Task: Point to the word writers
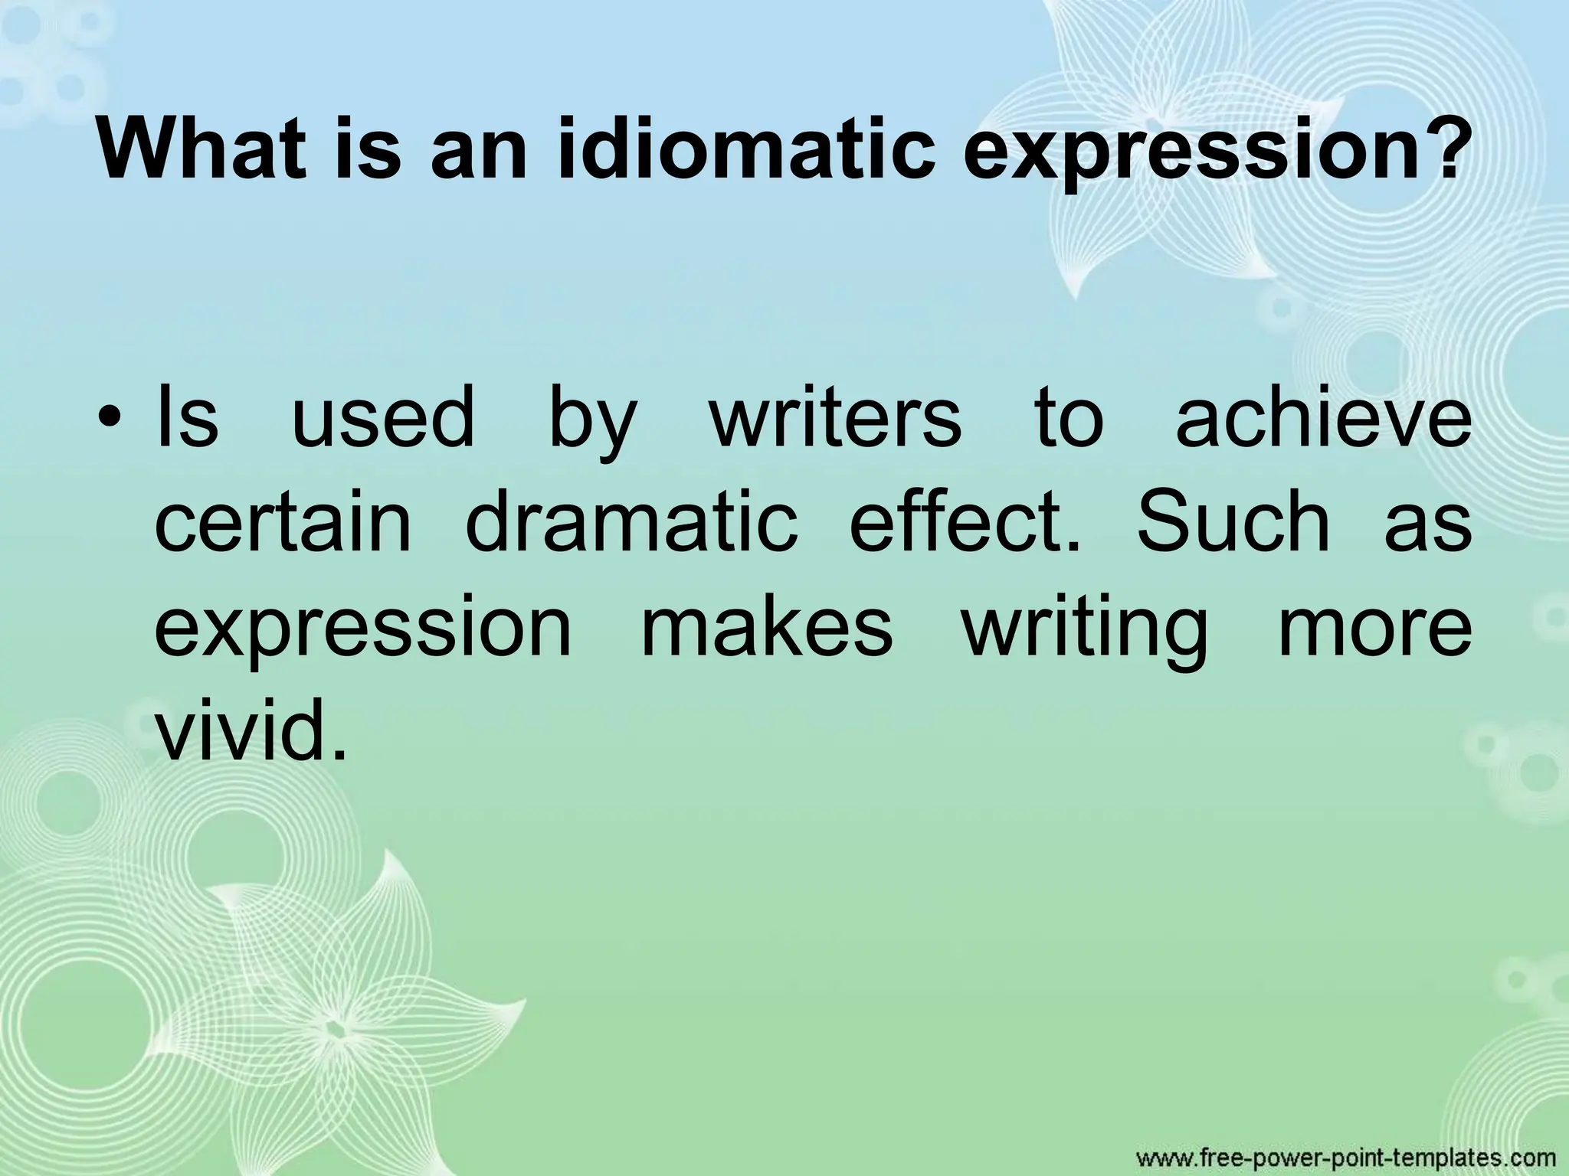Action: pyautogui.click(x=835, y=420)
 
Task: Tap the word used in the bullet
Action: pyautogui.click(x=383, y=420)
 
